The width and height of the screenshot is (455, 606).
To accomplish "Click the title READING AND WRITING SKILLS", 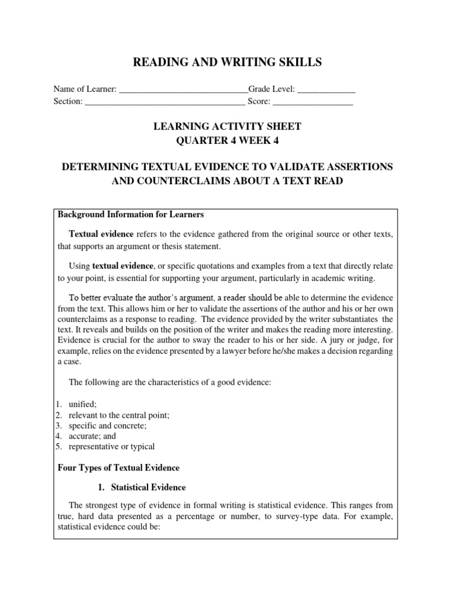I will pos(227,62).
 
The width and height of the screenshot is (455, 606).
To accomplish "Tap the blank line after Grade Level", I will pos(326,90).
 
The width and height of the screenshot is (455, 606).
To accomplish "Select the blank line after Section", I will pos(165,102).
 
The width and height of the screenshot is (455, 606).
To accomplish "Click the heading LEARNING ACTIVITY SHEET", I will pos(227,126).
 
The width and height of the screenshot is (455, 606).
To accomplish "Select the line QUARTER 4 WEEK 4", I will pos(227,141).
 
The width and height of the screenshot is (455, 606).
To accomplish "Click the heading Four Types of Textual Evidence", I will pos(118,468).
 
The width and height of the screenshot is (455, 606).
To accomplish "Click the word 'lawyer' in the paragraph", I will pos(237,351).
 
